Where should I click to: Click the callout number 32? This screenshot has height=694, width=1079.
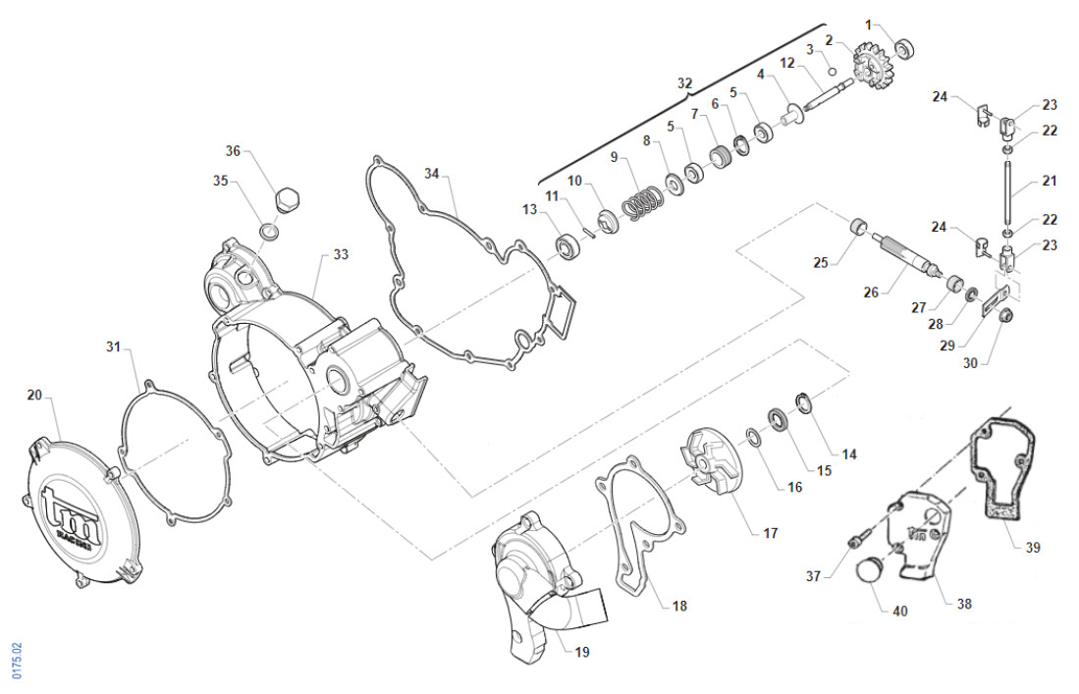coord(684,82)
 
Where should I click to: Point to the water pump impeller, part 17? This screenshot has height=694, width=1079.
coord(713,463)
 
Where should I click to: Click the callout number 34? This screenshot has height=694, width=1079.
coord(431,173)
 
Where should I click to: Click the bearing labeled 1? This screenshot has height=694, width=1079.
coord(904,47)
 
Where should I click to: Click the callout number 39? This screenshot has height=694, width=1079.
coord(1032,547)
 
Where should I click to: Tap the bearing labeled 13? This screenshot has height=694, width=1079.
coord(568,246)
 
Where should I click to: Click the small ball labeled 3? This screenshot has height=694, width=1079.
coord(830,71)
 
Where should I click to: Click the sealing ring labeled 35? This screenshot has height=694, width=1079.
coord(268,232)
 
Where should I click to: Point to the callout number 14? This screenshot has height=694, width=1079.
coord(849,454)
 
